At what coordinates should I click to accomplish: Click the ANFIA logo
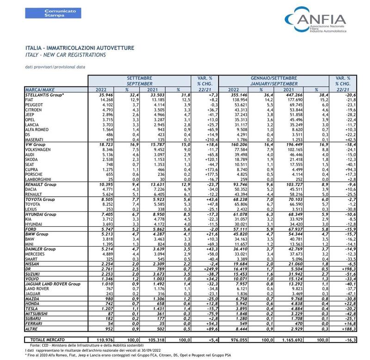point(316,19)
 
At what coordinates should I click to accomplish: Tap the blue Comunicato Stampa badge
point(53,13)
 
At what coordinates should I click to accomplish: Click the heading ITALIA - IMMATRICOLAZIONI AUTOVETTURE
point(80,48)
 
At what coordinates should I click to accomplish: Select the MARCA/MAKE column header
point(40,90)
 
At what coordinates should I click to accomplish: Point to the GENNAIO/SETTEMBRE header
point(274,78)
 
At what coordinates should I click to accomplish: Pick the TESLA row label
point(31,309)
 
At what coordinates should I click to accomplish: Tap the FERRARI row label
point(33,323)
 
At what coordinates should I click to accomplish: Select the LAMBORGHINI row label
point(38,180)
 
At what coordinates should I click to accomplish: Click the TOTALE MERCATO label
point(48,340)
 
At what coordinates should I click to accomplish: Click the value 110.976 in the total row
point(105,340)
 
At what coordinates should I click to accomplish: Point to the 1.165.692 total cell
point(292,340)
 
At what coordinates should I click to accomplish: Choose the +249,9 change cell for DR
point(210,269)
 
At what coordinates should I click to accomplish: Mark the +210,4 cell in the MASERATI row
point(210,140)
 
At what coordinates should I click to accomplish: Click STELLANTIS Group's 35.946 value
point(106,95)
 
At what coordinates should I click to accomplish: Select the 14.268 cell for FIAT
point(107,100)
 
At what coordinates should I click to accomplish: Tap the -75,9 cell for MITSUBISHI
point(212,314)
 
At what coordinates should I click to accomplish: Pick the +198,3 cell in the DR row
point(349,269)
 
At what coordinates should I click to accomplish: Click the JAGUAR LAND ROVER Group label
point(53,284)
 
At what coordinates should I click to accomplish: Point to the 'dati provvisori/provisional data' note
point(55,67)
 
